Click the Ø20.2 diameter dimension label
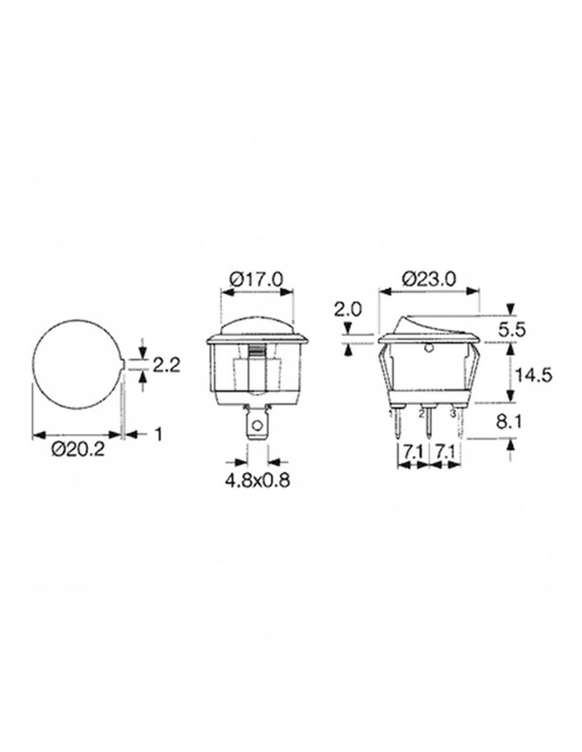click(78, 450)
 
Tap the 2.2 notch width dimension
click(167, 365)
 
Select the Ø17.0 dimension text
click(256, 280)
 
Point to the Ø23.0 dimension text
click(429, 280)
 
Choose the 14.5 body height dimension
click(533, 375)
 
